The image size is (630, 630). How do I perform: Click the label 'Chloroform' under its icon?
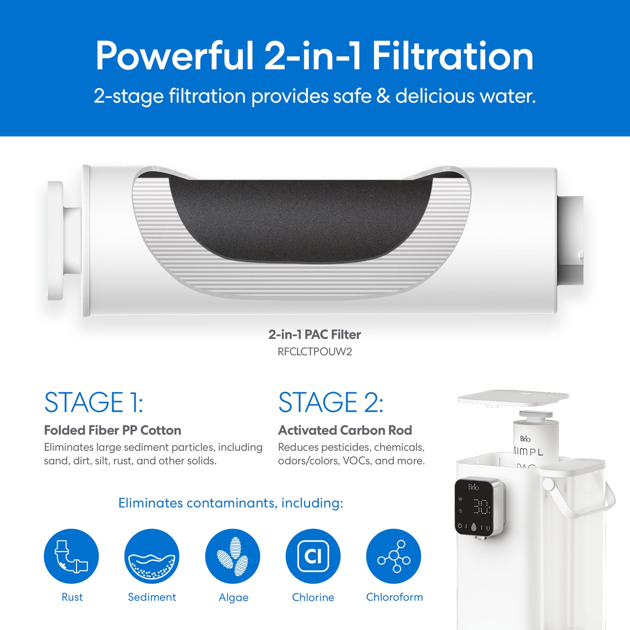(x=394, y=597)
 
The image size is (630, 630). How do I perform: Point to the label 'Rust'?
(x=72, y=597)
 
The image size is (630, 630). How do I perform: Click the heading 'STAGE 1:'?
(x=93, y=402)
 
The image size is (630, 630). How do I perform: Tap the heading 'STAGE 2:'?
(x=331, y=402)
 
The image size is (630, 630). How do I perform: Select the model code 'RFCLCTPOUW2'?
(x=315, y=351)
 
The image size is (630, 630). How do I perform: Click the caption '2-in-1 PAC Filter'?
(x=315, y=335)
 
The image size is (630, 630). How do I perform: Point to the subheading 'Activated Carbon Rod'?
(x=345, y=430)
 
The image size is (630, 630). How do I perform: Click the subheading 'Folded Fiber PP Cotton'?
(x=112, y=430)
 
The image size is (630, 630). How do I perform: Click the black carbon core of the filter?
(x=301, y=220)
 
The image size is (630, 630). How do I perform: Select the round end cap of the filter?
(x=55, y=241)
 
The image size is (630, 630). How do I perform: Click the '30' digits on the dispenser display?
(x=481, y=506)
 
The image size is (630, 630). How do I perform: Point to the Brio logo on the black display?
(x=473, y=487)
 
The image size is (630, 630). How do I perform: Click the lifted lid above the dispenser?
(x=513, y=398)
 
